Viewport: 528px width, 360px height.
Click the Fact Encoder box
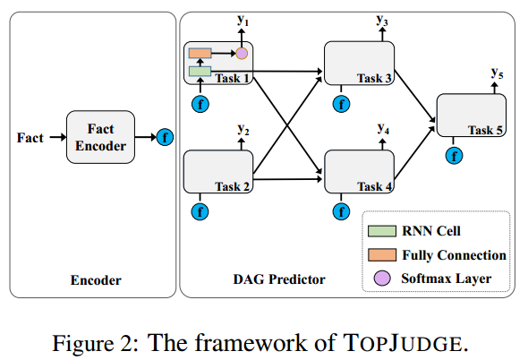[101, 137]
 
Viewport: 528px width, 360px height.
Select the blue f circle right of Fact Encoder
[165, 138]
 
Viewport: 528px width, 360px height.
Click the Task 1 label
[234, 78]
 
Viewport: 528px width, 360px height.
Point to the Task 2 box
[218, 172]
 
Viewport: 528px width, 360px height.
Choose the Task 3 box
[359, 64]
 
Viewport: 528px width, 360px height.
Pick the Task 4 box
[359, 172]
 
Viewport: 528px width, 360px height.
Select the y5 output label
[498, 72]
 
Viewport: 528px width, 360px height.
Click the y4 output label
[383, 129]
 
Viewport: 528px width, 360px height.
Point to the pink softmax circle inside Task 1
[241, 54]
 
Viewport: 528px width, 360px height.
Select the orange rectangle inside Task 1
[200, 54]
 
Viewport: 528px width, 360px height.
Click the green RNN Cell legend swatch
[379, 231]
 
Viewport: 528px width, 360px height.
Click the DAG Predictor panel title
[274, 280]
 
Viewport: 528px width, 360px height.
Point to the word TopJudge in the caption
[415, 340]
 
